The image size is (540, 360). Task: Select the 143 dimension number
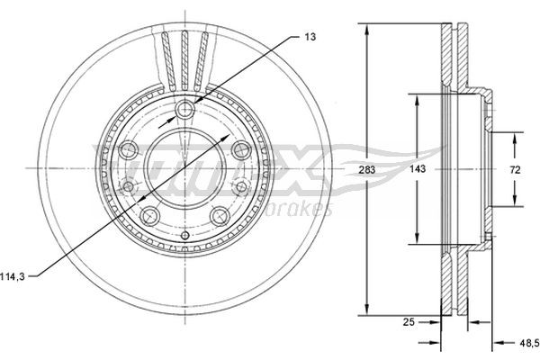click(417, 168)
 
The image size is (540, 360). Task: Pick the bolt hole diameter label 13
click(310, 36)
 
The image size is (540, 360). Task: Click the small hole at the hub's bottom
click(184, 236)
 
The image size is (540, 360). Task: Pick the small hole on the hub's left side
click(130, 187)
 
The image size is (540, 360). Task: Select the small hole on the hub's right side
click(239, 187)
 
